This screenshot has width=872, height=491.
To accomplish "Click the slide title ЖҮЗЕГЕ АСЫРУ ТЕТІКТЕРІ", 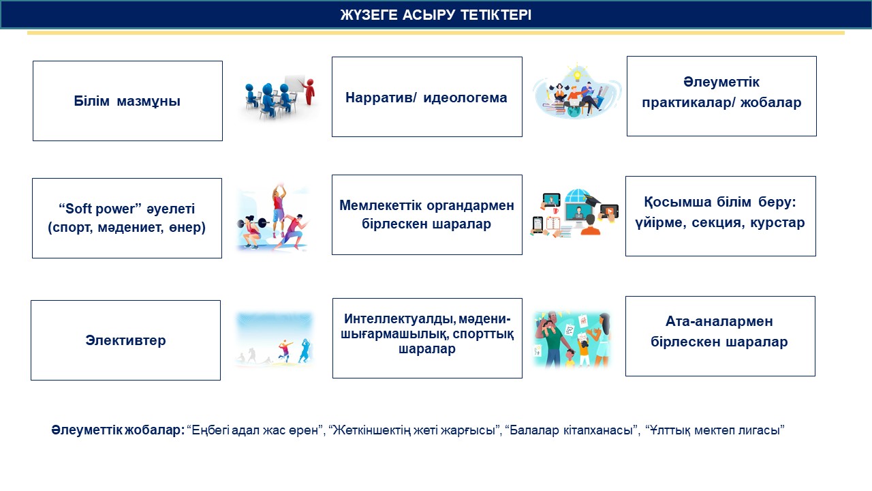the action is pos(436,15).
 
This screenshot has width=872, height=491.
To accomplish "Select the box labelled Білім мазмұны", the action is pos(127,101).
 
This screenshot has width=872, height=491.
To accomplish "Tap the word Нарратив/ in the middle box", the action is pos(381,98).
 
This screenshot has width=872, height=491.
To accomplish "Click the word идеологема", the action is pos(465,98).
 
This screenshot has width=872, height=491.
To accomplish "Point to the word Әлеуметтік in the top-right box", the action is pos(721,82).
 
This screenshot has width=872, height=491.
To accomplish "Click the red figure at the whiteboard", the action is pos(309,92).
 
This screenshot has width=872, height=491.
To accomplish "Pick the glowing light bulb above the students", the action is pos(577,73).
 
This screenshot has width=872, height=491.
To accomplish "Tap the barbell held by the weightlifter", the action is pos(253,223).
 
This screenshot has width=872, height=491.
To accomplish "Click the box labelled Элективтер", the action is pos(126,340).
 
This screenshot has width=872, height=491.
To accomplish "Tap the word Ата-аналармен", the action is pos(719,321).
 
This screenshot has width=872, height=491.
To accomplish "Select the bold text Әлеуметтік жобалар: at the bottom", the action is pos(118,430).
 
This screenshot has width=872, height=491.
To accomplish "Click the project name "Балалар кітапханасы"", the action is pos(572,430).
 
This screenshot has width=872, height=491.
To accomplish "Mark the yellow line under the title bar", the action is pos(436,33).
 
